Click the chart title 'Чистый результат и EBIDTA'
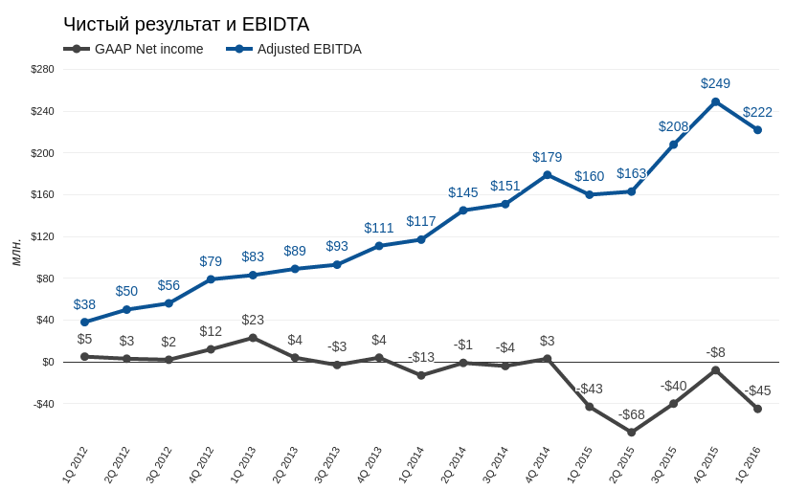[x=187, y=24]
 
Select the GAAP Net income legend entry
[x=133, y=49]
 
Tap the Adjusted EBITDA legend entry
[x=294, y=49]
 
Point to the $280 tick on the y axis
[x=42, y=69]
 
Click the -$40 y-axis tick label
[x=43, y=404]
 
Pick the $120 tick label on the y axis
[x=42, y=236]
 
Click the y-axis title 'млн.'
[x=16, y=253]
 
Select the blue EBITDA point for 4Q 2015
[x=715, y=102]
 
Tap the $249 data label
[x=715, y=83]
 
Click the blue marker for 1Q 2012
[x=84, y=323]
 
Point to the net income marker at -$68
[x=631, y=432]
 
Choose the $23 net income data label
[x=253, y=320]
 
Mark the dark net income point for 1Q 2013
[x=253, y=338]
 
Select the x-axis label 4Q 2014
[x=538, y=464]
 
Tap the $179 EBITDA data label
[x=548, y=157]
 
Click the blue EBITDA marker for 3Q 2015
[x=673, y=145]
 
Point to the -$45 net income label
[x=757, y=390]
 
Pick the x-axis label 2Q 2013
[x=285, y=464]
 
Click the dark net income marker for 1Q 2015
[x=590, y=407]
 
